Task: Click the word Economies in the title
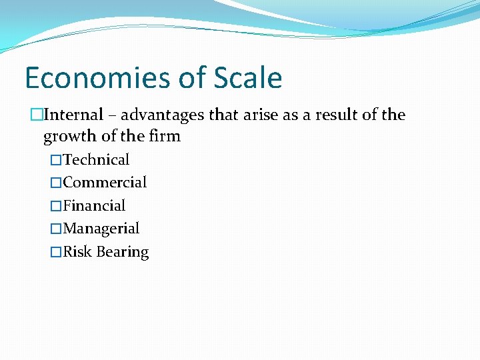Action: point(93,79)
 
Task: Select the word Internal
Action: point(73,115)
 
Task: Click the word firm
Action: point(165,136)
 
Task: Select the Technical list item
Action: point(96,159)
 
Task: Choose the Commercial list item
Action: point(105,182)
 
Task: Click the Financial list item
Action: point(94,205)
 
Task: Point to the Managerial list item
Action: point(101,229)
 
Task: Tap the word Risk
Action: point(77,252)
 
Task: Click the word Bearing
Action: point(123,253)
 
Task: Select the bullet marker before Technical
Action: point(56,160)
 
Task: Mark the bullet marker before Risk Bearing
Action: point(56,253)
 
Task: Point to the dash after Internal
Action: point(112,115)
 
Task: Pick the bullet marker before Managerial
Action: point(56,229)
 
